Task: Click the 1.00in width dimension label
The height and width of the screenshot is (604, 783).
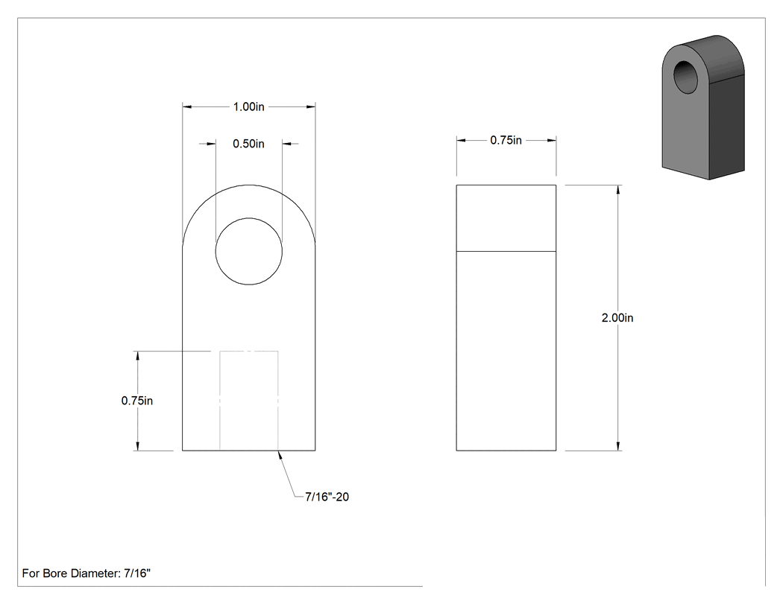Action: click(x=248, y=107)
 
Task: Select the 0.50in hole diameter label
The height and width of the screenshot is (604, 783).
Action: click(x=248, y=144)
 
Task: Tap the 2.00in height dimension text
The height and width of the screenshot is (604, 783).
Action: click(x=617, y=318)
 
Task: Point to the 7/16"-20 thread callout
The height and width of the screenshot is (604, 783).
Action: click(x=327, y=497)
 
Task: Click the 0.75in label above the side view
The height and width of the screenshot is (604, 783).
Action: click(x=506, y=140)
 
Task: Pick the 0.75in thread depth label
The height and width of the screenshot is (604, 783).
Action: click(x=136, y=401)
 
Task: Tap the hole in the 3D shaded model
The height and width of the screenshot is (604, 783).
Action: click(x=688, y=76)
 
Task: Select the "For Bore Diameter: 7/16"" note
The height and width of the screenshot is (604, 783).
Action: click(x=87, y=573)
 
